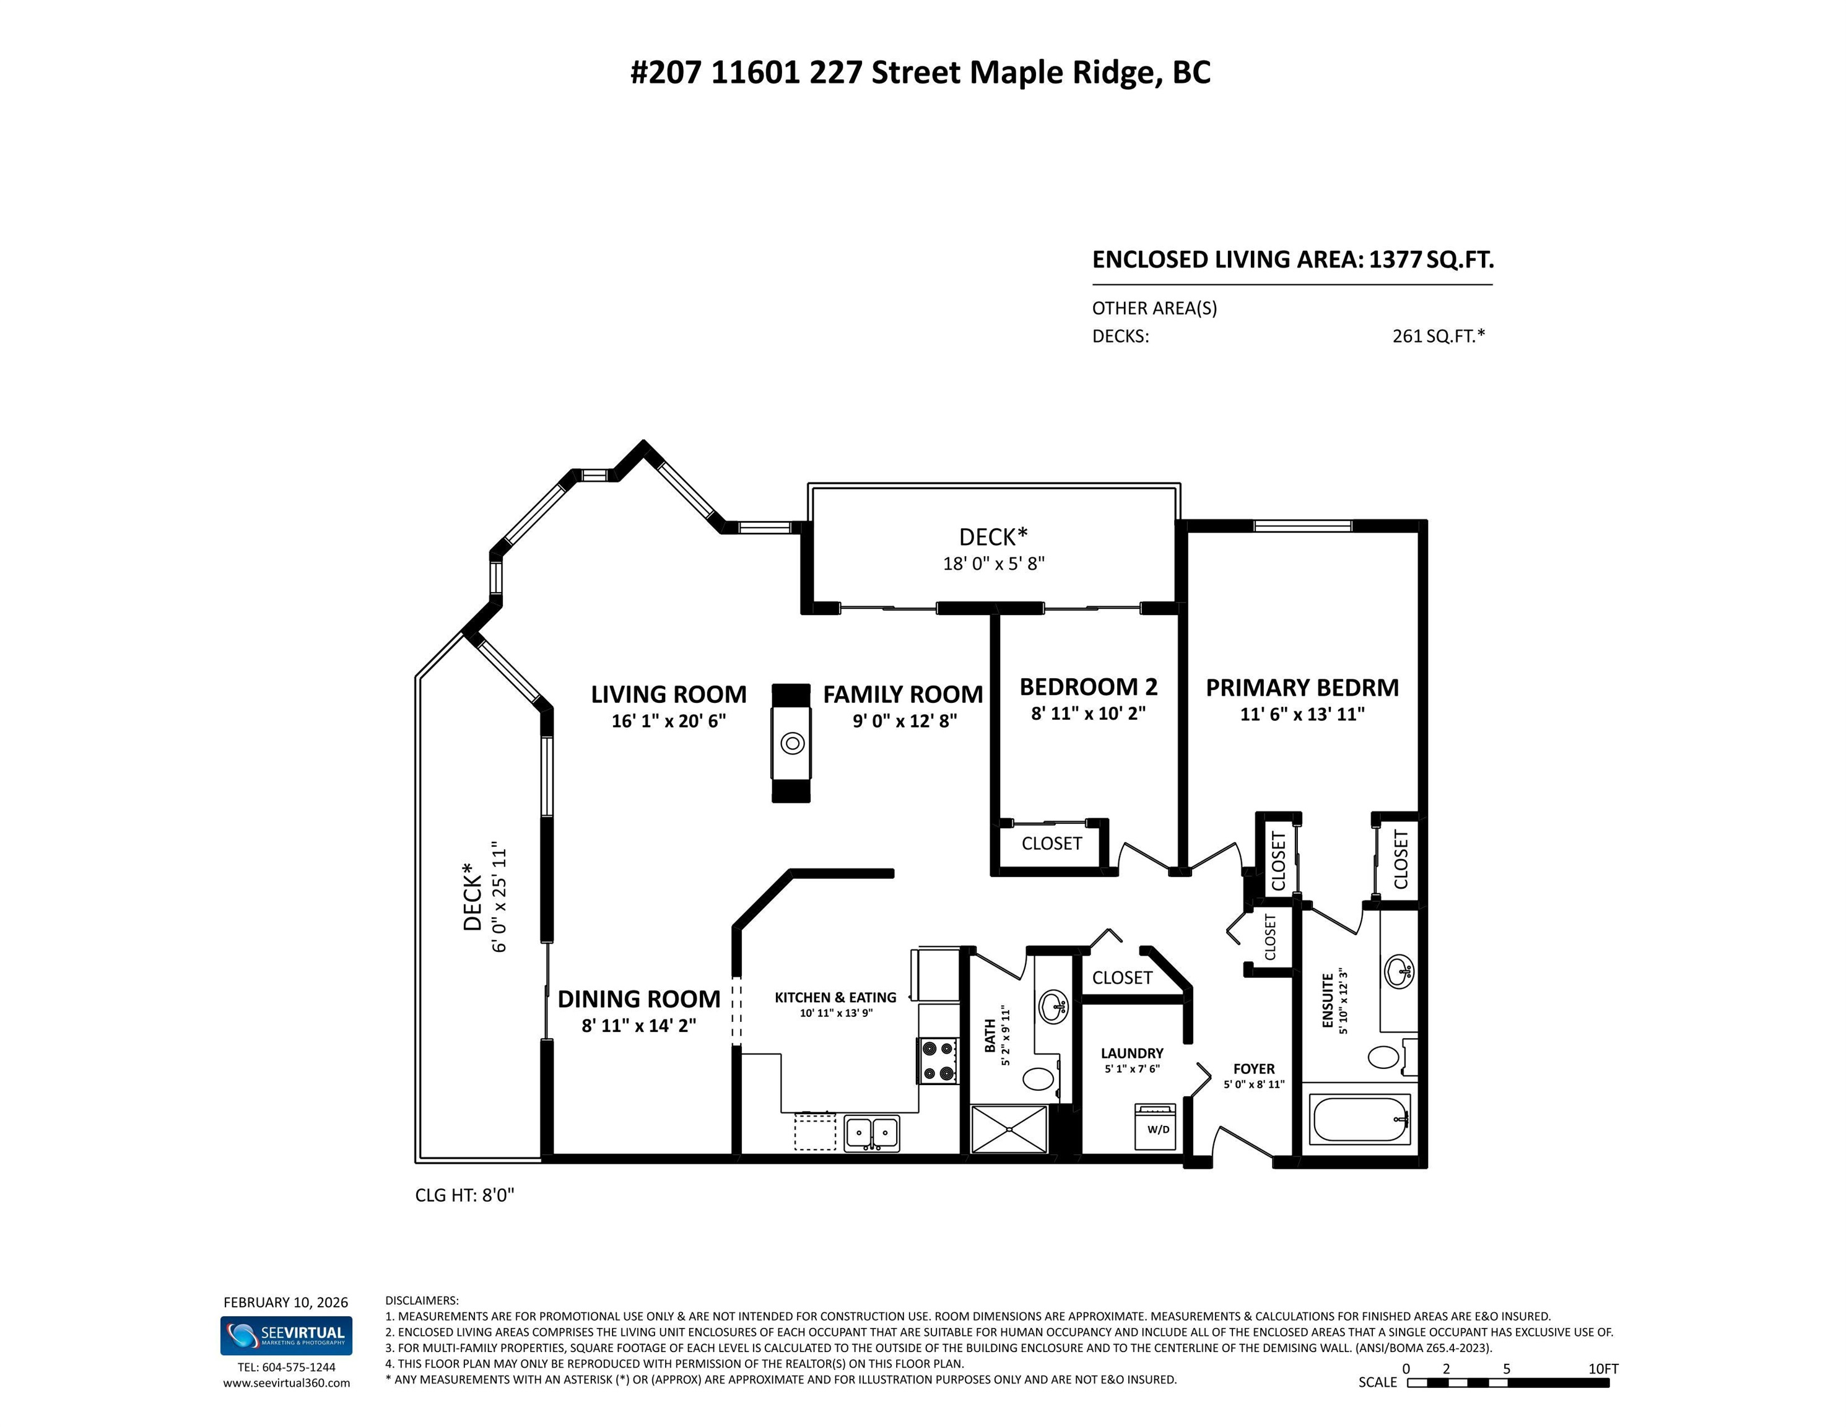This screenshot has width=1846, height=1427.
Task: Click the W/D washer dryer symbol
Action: pyautogui.click(x=1157, y=1126)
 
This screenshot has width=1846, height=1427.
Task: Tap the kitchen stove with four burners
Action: pyautogui.click(x=938, y=1061)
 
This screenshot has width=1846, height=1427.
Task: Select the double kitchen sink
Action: pyautogui.click(x=871, y=1133)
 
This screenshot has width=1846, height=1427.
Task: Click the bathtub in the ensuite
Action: pyautogui.click(x=1360, y=1119)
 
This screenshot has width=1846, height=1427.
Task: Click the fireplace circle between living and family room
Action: pyautogui.click(x=792, y=743)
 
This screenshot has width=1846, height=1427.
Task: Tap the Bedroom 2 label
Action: pyautogui.click(x=1088, y=686)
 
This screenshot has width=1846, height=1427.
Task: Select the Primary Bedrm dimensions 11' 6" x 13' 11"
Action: pyautogui.click(x=1302, y=714)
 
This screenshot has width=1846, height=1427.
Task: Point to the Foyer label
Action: pyautogui.click(x=1253, y=1068)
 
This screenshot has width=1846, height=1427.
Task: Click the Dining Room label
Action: pyautogui.click(x=638, y=999)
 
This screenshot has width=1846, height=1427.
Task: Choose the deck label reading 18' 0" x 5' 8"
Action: pyautogui.click(x=993, y=564)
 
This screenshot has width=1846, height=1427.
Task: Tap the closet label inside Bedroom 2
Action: pyautogui.click(x=1051, y=844)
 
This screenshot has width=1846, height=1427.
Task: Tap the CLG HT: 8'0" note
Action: pyautogui.click(x=464, y=1195)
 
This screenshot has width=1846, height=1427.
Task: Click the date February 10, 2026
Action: pyautogui.click(x=285, y=1303)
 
